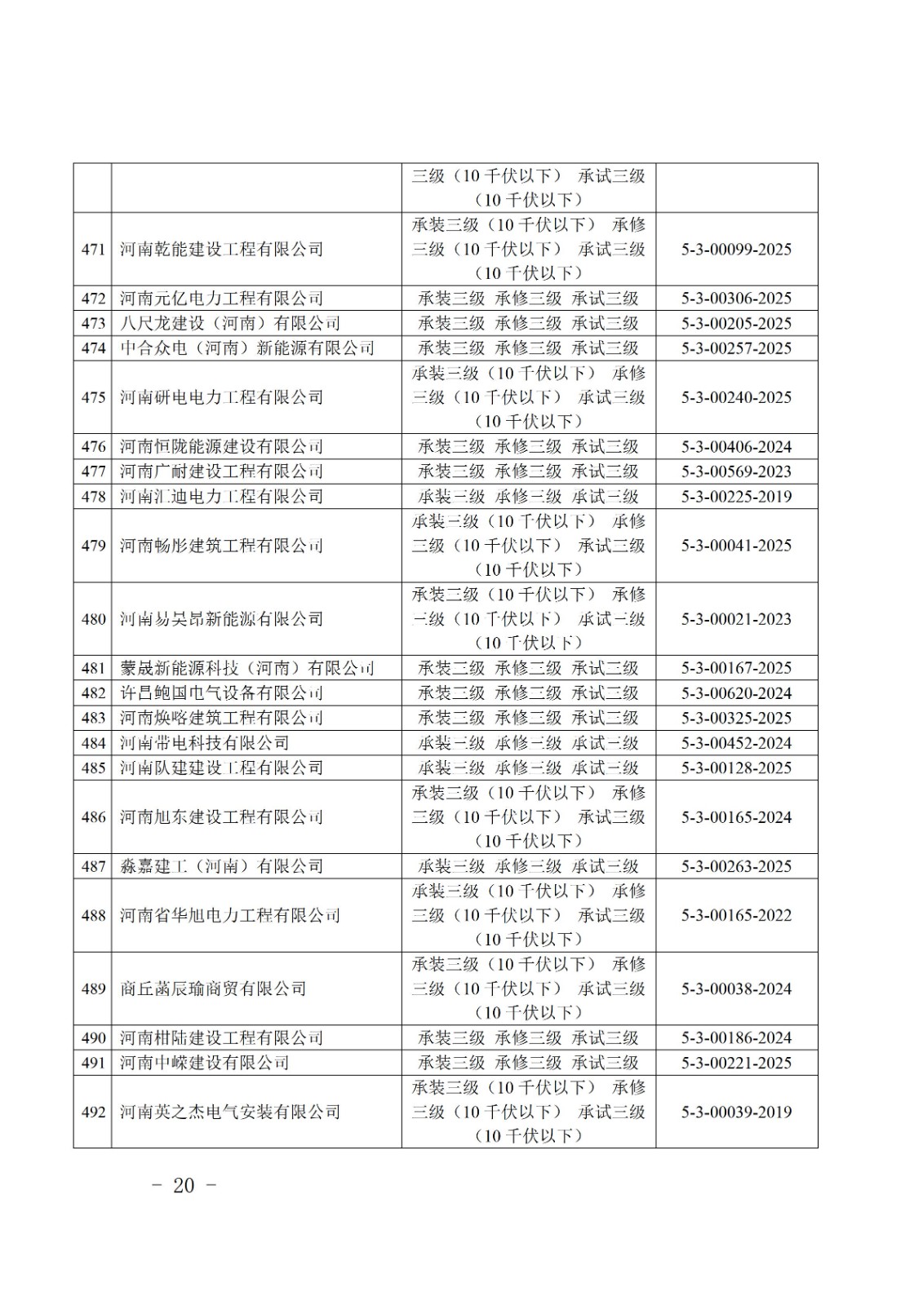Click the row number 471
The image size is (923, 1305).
click(x=93, y=250)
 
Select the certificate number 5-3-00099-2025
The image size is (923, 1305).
click(x=736, y=250)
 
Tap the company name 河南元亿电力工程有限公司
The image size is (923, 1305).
click(x=221, y=299)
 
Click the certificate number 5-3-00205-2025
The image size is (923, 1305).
click(x=736, y=323)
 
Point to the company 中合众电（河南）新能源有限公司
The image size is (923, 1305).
click(x=246, y=348)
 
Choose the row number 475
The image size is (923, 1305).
click(x=93, y=397)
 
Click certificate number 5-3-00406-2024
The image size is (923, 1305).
click(x=736, y=447)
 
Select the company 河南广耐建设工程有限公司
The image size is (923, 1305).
click(x=221, y=471)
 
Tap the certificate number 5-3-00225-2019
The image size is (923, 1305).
click(x=736, y=497)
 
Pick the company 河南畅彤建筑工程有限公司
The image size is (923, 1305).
click(x=221, y=546)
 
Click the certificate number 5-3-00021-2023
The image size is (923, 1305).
click(x=736, y=619)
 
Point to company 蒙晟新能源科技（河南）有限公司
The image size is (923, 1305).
click(x=246, y=668)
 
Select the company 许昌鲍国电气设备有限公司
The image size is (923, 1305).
click(x=221, y=693)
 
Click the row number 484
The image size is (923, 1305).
click(x=93, y=743)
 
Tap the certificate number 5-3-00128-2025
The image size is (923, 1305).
click(x=736, y=768)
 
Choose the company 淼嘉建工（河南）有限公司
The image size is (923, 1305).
click(x=221, y=866)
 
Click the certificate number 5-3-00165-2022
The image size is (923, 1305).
click(x=736, y=915)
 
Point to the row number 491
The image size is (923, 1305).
click(x=93, y=1063)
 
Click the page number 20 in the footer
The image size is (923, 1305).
click(x=184, y=1185)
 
